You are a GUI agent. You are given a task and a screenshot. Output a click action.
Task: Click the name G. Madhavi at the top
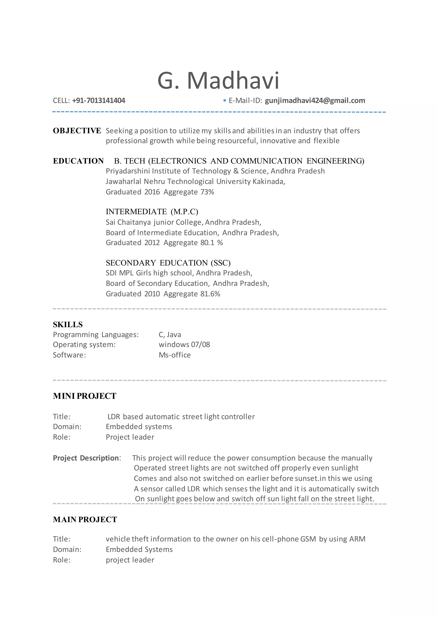coord(218,80)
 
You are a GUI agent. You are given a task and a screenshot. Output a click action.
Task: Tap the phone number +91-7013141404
coord(99,101)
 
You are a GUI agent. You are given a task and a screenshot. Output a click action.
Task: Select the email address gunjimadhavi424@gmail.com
coord(315,101)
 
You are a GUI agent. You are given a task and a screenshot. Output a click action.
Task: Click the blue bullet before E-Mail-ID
coord(225,101)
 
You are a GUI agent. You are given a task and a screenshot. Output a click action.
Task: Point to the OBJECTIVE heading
coord(77,131)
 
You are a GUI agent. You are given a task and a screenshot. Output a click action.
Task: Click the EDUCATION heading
coord(78,161)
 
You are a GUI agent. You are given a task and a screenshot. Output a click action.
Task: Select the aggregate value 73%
coord(207,192)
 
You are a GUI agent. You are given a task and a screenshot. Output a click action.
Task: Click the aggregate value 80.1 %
coord(211,243)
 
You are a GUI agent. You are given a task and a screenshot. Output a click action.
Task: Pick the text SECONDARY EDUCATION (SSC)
coord(168,263)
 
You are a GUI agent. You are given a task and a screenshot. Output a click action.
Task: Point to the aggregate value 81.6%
coord(210,294)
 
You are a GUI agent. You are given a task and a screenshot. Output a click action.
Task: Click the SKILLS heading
coord(68,325)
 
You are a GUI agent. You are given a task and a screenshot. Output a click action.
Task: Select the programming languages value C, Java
coord(170,335)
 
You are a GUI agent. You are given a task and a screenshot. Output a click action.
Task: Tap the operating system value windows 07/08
coord(184,344)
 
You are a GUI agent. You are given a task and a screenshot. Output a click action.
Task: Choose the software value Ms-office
coord(175,355)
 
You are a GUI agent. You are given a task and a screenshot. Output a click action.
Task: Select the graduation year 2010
coord(152,294)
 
